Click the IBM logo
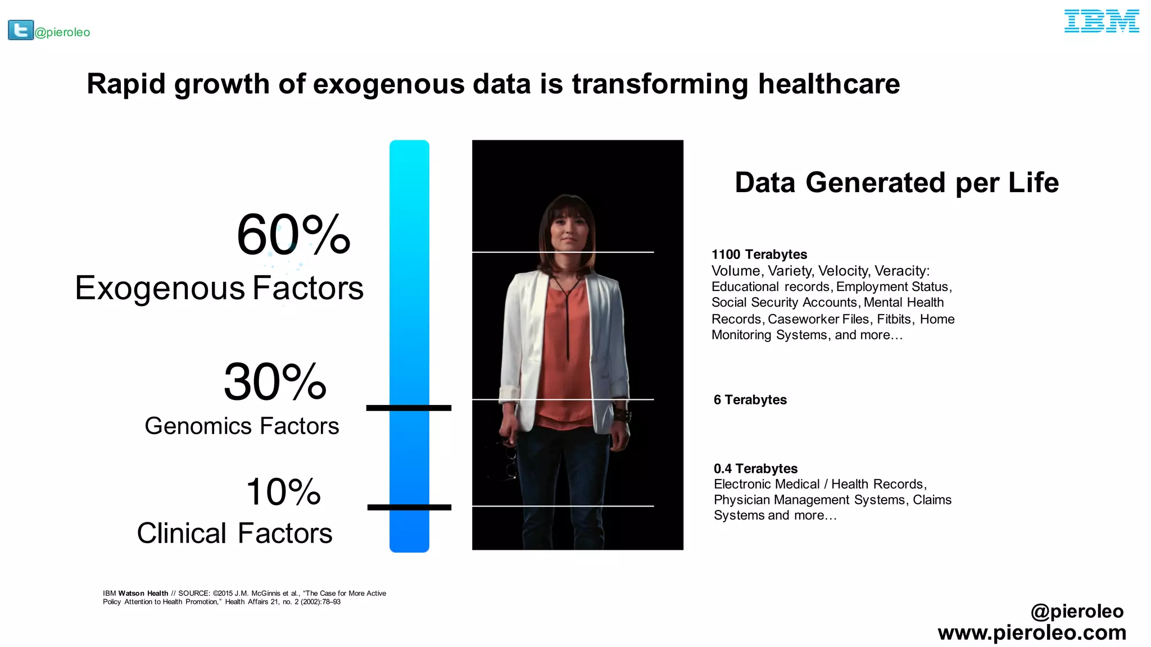[1101, 21]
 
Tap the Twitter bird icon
[21, 30]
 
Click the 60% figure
[293, 235]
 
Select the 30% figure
[275, 382]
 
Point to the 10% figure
[283, 492]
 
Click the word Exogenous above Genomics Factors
[160, 288]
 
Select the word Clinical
[182, 534]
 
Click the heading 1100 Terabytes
[759, 254]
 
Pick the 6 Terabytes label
[750, 400]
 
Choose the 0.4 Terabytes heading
[755, 468]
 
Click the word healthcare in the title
[829, 84]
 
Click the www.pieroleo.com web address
[1032, 633]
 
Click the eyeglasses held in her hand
[509, 458]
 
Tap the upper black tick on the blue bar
[409, 408]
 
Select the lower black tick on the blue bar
[409, 507]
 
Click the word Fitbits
[894, 319]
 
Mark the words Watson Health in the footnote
[143, 593]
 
